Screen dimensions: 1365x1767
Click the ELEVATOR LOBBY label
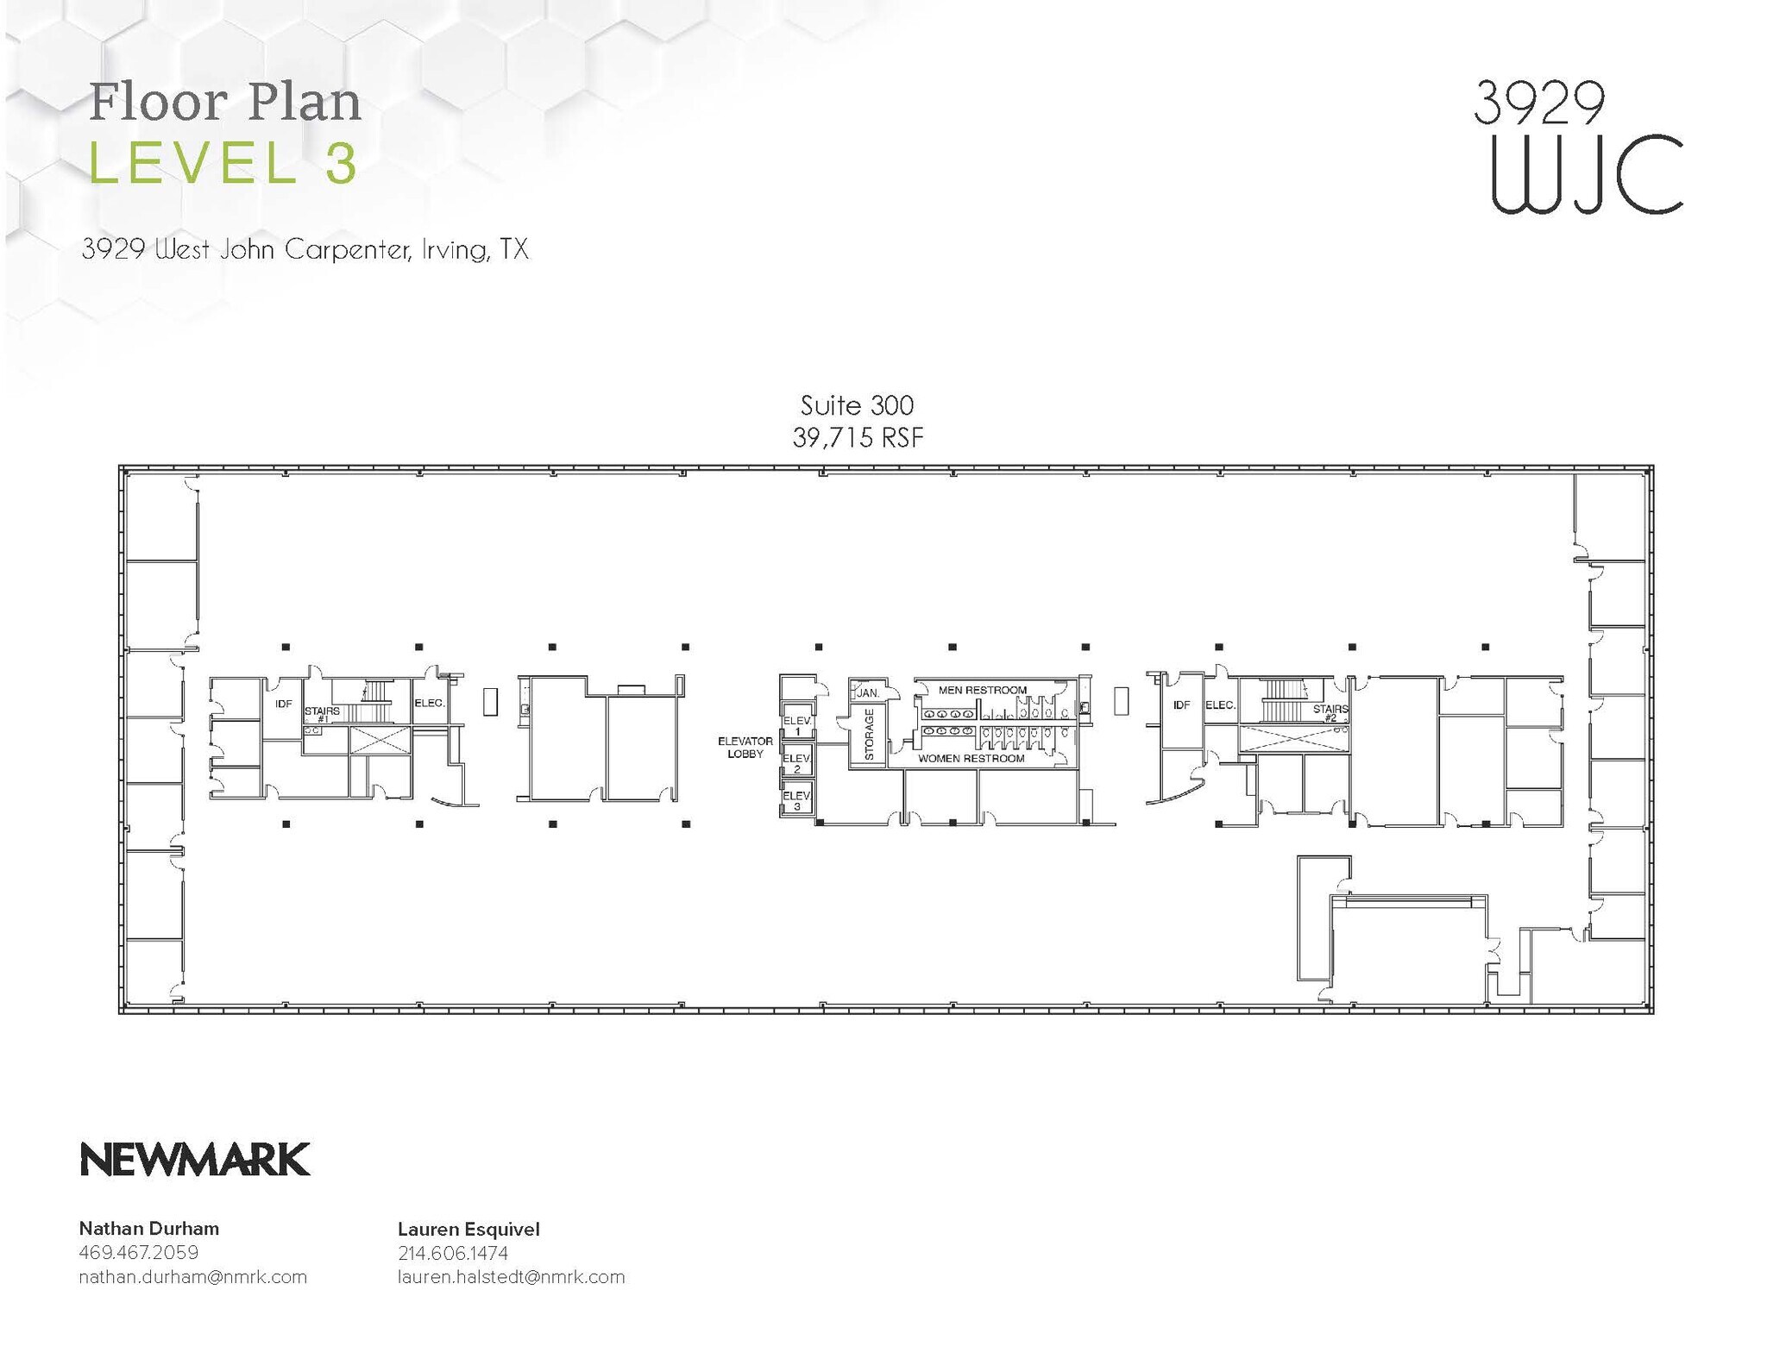point(745,747)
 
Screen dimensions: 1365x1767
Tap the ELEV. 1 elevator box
point(796,725)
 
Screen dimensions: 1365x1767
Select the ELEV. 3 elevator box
point(796,799)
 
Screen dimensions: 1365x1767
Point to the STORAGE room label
point(869,734)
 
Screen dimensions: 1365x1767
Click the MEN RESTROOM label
point(982,690)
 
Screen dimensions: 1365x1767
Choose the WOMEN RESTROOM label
point(971,759)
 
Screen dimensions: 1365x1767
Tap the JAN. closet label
point(867,692)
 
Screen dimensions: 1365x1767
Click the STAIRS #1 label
point(322,714)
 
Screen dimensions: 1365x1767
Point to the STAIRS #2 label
point(1330,712)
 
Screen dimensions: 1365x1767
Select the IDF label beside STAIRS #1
point(283,704)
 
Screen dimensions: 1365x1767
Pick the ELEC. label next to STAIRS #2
point(1220,704)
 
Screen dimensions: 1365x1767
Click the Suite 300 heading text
point(857,405)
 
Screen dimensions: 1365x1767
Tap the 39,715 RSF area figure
point(858,438)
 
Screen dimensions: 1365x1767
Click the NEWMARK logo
point(195,1160)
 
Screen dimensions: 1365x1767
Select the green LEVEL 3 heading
point(223,164)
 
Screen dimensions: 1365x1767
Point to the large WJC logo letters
point(1586,176)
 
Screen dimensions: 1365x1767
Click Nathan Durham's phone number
point(138,1252)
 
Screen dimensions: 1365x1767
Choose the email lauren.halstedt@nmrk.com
point(511,1277)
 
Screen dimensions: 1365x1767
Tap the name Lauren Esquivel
point(468,1229)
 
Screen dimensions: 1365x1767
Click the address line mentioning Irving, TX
point(305,250)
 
